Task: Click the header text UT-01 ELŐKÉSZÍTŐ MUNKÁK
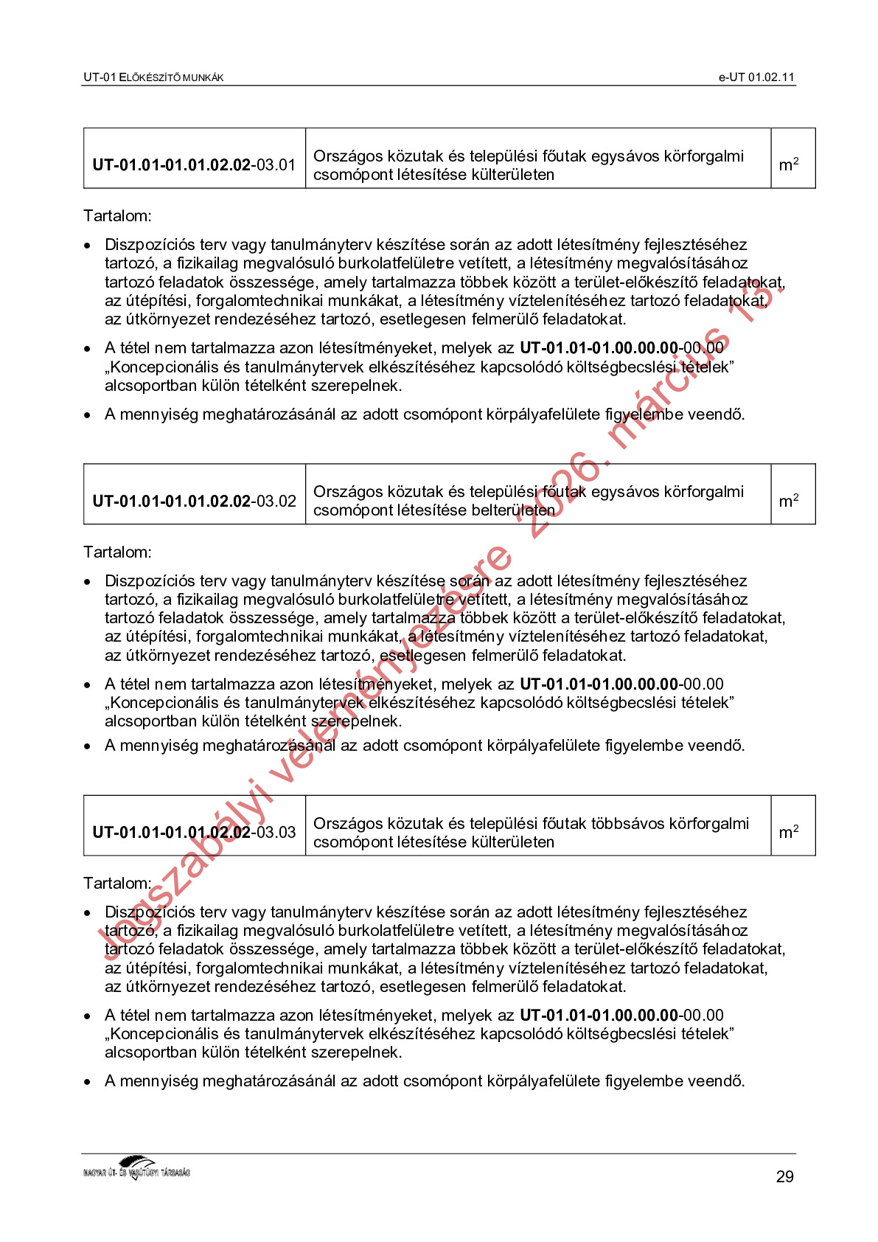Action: [153, 77]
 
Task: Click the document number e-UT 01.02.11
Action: [756, 77]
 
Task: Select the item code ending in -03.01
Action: [194, 164]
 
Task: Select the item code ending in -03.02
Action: [194, 501]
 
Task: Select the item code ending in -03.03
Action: [194, 832]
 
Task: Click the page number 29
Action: [784, 1176]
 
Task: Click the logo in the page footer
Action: [137, 1168]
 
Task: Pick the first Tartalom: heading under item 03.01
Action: [117, 216]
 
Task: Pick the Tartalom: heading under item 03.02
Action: [117, 552]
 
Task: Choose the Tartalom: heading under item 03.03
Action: [117, 884]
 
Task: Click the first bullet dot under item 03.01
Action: [88, 246]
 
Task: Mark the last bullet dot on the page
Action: [88, 1082]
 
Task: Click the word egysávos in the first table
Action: [625, 156]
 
